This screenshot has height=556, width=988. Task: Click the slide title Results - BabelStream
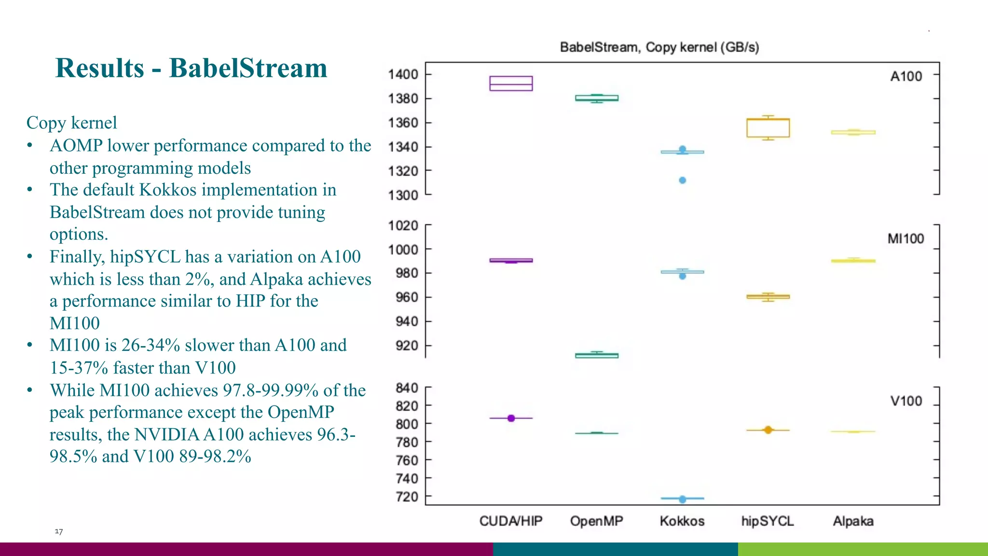(191, 68)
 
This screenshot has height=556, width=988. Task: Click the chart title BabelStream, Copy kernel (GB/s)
(659, 47)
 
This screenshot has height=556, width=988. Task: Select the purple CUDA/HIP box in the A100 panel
(511, 83)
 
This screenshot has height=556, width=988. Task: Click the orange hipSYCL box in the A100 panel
(768, 128)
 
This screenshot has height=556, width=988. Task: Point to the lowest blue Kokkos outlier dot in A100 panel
(682, 181)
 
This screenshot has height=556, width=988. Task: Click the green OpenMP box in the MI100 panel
(597, 356)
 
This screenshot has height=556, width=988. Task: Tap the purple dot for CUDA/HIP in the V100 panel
(511, 418)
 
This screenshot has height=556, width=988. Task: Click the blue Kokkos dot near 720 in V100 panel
(682, 499)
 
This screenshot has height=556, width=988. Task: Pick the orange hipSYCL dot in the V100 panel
(768, 430)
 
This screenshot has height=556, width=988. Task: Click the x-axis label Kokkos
(682, 521)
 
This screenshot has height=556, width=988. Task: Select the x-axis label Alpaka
(853, 521)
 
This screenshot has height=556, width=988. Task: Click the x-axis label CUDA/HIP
(511, 521)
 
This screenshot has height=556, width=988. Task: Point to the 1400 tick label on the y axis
(403, 74)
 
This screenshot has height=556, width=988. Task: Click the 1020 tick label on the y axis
(403, 225)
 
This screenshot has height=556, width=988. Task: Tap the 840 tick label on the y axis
(407, 388)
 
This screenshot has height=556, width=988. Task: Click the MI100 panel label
(906, 239)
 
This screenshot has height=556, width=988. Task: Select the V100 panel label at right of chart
(906, 401)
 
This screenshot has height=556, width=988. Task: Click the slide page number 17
(58, 531)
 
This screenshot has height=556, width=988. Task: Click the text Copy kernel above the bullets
(71, 123)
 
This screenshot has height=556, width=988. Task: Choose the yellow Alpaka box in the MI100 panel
(853, 261)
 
